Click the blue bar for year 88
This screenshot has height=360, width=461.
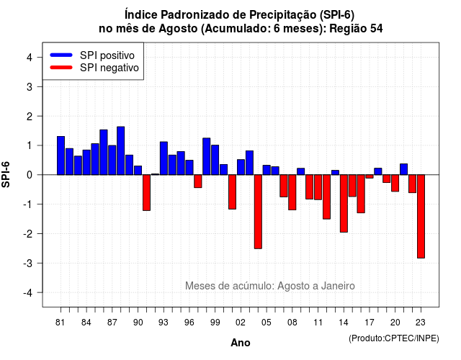coord(121,150)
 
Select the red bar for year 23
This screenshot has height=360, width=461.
coord(421,216)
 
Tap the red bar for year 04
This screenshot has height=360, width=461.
coord(258,212)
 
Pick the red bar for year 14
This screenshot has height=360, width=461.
coord(344,203)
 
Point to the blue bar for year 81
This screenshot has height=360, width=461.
coord(61,156)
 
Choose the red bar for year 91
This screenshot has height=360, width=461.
coord(146,192)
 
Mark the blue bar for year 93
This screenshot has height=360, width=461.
coord(164,158)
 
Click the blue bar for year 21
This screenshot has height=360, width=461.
coord(404,169)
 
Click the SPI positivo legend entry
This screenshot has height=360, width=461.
coord(92,55)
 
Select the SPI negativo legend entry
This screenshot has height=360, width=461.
coord(94,68)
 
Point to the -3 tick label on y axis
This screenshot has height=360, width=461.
coord(29,263)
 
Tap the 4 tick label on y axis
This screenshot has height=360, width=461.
coord(30,57)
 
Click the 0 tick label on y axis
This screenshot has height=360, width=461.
coord(30,175)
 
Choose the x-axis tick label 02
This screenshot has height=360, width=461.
coord(241,323)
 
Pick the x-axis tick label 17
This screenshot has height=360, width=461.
coord(370,323)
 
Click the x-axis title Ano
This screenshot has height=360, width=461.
coord(241,343)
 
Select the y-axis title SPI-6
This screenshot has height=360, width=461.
coord(6,174)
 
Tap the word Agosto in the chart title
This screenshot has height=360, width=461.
coord(178,29)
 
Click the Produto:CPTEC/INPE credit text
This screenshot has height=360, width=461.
coord(394,338)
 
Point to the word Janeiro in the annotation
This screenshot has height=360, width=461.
coord(338,286)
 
